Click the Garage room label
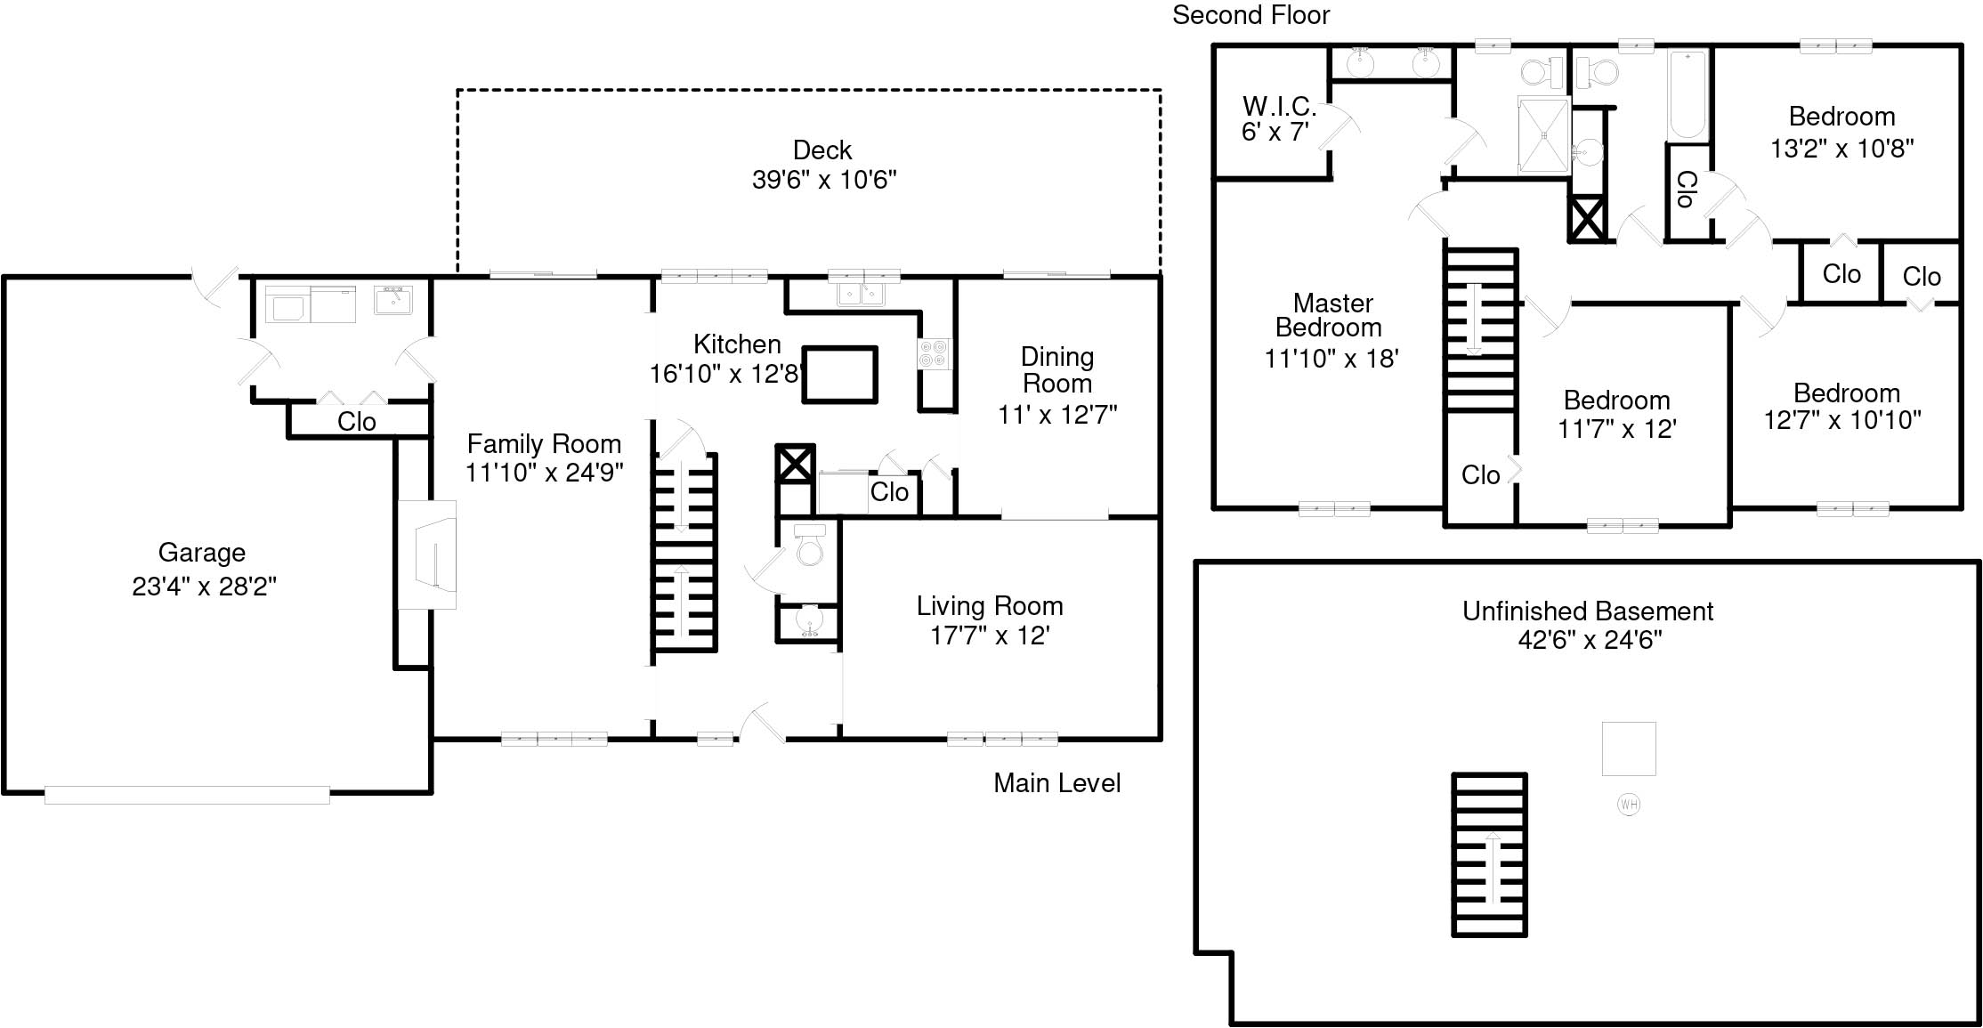202,553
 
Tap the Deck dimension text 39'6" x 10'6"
824,180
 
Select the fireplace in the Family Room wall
427,555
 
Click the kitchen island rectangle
840,375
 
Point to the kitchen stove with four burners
935,353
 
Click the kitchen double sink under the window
861,293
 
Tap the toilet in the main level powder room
809,545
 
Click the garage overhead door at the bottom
187,794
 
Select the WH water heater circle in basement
1628,805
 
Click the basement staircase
1489,854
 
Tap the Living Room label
990,606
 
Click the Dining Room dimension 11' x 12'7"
1057,415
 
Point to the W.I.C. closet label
1279,107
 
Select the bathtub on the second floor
1688,96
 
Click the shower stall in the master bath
1543,134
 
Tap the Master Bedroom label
1331,315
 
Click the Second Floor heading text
1251,15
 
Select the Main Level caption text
1056,783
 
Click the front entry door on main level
763,722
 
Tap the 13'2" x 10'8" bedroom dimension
1841,148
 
